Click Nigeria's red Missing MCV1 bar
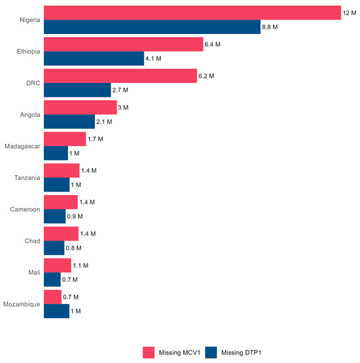192,12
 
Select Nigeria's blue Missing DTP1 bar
152,27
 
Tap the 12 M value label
350,13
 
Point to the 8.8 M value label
272,27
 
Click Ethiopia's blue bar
94,59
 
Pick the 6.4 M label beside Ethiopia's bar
215,44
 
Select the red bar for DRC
120,76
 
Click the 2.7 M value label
122,90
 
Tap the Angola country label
30,114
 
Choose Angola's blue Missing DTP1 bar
69,122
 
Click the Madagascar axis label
22,146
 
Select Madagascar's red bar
65,139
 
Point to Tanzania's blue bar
56,184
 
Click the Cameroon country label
25,209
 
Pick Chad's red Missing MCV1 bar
61,233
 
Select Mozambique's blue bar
56,311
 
